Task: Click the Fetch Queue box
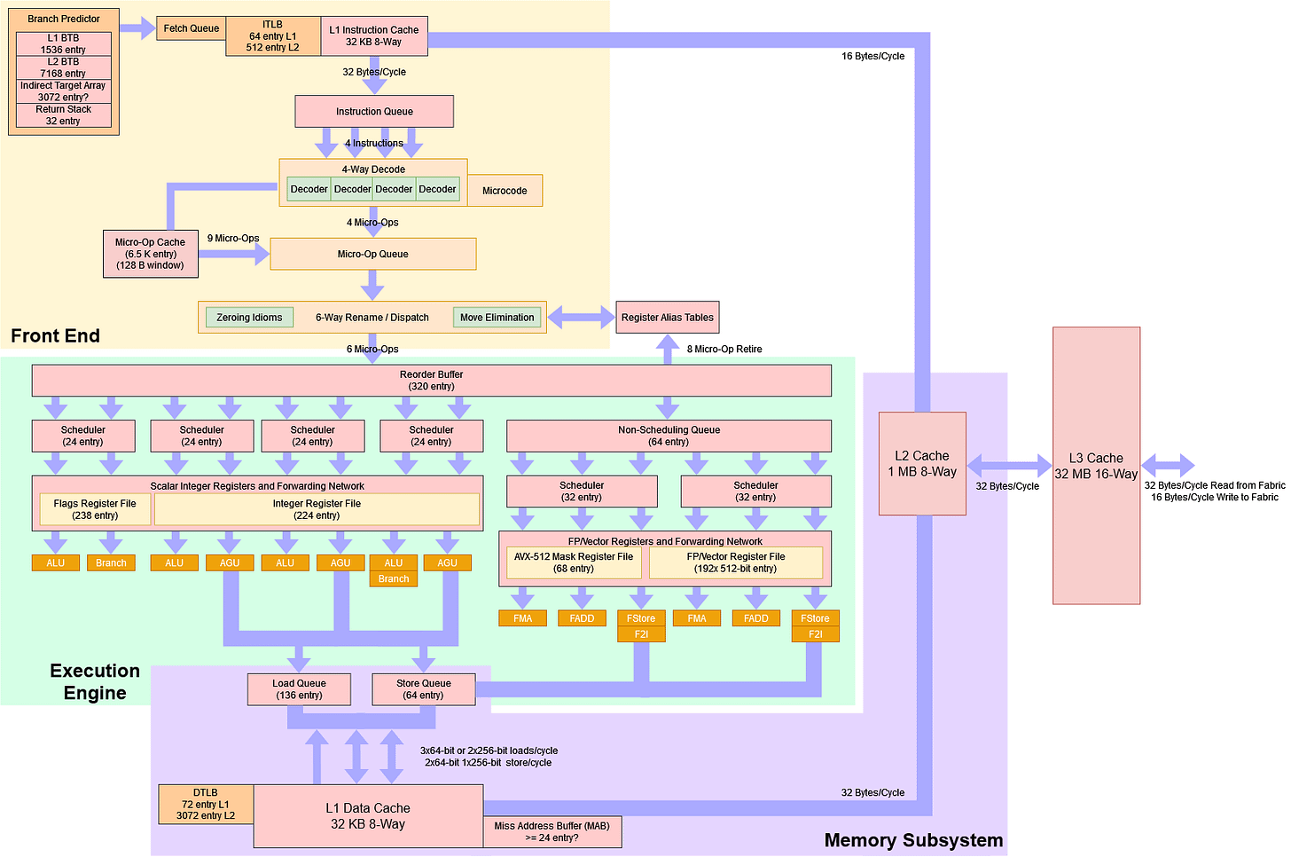click(191, 28)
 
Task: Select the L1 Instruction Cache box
click(373, 35)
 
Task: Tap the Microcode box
click(505, 191)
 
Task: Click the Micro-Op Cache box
click(150, 253)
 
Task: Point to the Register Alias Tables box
click(667, 318)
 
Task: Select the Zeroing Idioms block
click(249, 318)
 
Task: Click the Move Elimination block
click(497, 318)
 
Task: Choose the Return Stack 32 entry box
click(63, 115)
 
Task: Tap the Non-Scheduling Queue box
click(669, 436)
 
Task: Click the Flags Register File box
click(95, 509)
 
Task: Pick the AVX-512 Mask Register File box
click(574, 562)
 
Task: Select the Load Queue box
click(299, 689)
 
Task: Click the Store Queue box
click(424, 689)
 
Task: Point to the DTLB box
click(206, 804)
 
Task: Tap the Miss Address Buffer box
click(552, 831)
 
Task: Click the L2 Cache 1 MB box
click(922, 463)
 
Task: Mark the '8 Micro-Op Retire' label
click(724, 350)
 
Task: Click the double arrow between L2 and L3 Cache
click(1009, 465)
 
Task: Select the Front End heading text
click(55, 335)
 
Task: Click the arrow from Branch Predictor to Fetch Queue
click(137, 28)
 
